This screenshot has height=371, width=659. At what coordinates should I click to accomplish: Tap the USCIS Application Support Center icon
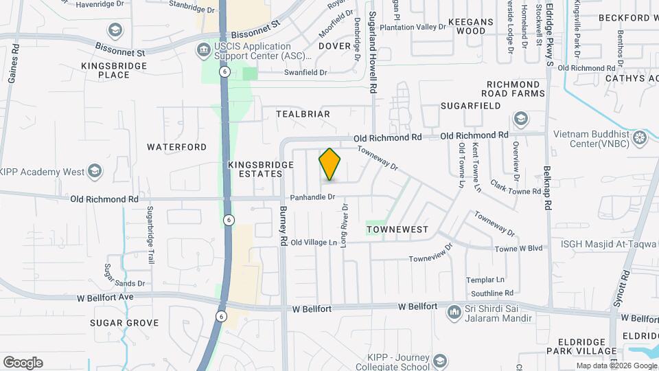pos(203,49)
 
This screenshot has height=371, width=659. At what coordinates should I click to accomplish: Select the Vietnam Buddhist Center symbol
pos(640,138)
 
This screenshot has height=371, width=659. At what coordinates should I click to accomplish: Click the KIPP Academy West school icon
pos(94,172)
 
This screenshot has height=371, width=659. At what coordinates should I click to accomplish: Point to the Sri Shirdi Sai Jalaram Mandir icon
pos(453,313)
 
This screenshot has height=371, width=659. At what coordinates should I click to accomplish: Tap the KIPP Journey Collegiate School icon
pos(439,361)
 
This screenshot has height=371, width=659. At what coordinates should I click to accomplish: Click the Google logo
pos(23,363)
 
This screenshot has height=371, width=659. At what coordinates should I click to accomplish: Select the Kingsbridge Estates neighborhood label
pos(255,170)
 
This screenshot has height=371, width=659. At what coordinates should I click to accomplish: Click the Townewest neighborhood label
pos(397,229)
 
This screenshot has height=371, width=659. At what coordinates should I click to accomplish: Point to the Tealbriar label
pos(303,114)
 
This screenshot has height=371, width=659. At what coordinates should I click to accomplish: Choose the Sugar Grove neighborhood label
pos(124,323)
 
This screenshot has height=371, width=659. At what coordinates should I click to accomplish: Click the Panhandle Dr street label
pos(312,197)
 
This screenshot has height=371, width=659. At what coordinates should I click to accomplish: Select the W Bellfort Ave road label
pos(103,297)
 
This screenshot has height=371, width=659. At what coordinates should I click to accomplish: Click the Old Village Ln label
pos(314,243)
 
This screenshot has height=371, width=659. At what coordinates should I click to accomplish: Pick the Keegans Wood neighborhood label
pos(471,26)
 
